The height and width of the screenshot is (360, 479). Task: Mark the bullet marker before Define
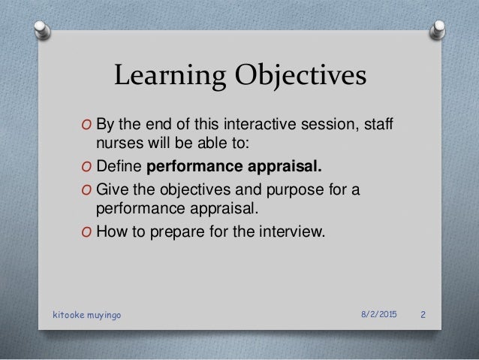click(87, 165)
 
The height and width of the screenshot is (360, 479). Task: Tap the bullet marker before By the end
click(87, 125)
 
